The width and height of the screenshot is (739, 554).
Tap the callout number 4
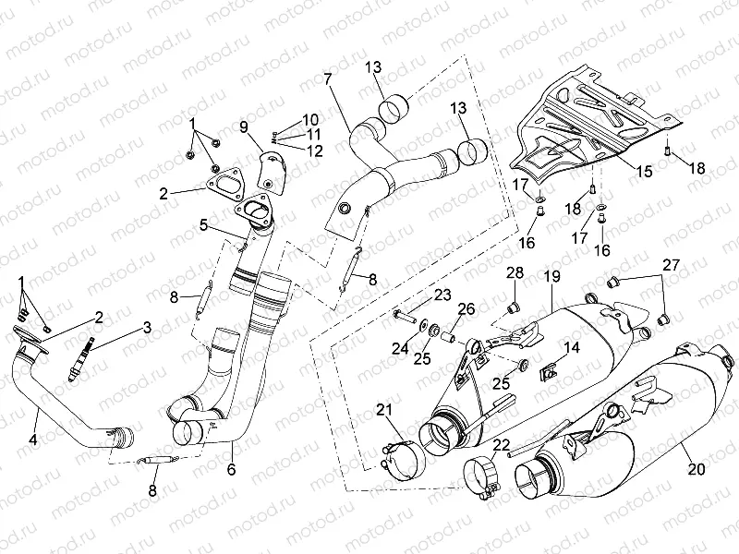(x=33, y=440)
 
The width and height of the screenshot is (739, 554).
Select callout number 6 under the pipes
(x=231, y=469)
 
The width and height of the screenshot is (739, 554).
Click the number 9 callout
(x=244, y=126)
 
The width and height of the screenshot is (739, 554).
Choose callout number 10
(x=309, y=119)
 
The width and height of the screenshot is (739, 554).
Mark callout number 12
(x=315, y=151)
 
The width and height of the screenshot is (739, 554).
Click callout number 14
(x=572, y=347)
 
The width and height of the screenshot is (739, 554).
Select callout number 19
(x=552, y=275)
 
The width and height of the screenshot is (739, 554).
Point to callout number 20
(x=697, y=468)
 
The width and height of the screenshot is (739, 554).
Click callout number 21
(x=383, y=410)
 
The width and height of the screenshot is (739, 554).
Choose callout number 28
(x=515, y=272)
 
